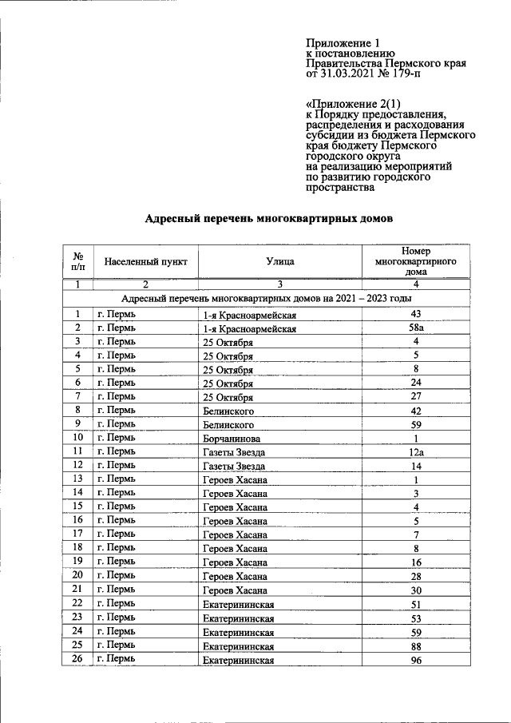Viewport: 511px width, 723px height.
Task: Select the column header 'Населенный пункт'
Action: tap(146, 260)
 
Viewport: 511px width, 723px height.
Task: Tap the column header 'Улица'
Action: tap(280, 260)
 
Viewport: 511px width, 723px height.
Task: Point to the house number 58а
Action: tap(415, 328)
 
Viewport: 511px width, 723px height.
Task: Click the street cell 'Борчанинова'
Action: tap(232, 439)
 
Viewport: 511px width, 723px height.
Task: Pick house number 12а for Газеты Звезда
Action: tap(415, 452)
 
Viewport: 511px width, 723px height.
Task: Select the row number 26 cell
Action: tap(77, 660)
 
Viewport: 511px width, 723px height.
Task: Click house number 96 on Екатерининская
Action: tap(415, 660)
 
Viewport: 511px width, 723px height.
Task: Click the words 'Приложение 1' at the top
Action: tap(340, 42)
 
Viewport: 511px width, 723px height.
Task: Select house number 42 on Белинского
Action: tap(415, 411)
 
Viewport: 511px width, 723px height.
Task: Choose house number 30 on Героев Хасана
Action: tap(415, 590)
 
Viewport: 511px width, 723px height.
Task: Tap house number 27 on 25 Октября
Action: tap(415, 396)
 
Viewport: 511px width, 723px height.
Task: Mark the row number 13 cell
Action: tap(77, 479)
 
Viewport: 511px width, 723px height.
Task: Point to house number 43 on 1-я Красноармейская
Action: tap(415, 314)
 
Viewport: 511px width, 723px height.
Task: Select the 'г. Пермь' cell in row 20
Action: tap(116, 576)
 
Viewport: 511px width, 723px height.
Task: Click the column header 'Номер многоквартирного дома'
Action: tap(415, 260)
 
